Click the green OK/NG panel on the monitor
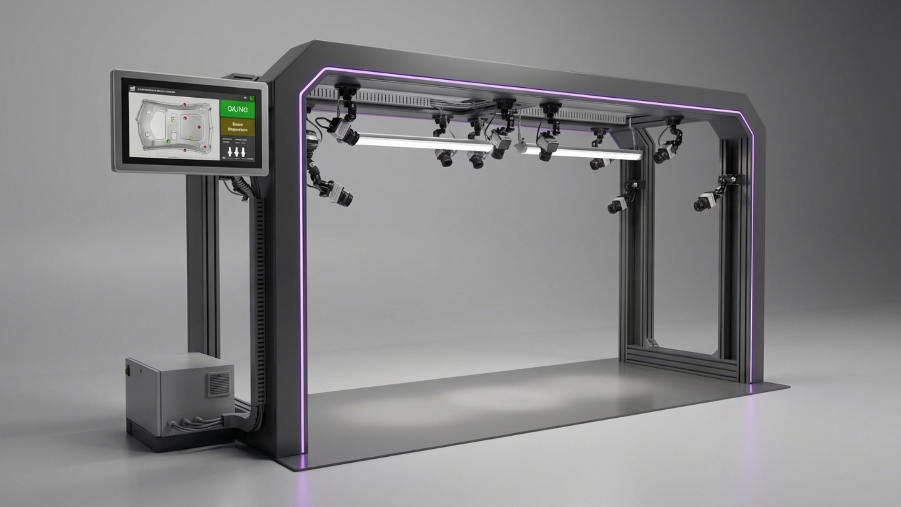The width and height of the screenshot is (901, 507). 237,108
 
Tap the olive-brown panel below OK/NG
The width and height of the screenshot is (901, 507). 237,127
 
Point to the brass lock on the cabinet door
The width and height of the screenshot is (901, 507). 126,371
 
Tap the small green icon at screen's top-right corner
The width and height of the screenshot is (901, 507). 252,98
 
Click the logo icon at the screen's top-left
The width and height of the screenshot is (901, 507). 132,88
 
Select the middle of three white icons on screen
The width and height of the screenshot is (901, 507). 237,152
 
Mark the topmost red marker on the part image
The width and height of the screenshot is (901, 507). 185,104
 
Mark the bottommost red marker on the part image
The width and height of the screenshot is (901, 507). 185,151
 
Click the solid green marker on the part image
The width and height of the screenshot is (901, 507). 168,141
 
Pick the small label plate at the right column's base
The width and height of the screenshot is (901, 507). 652,343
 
